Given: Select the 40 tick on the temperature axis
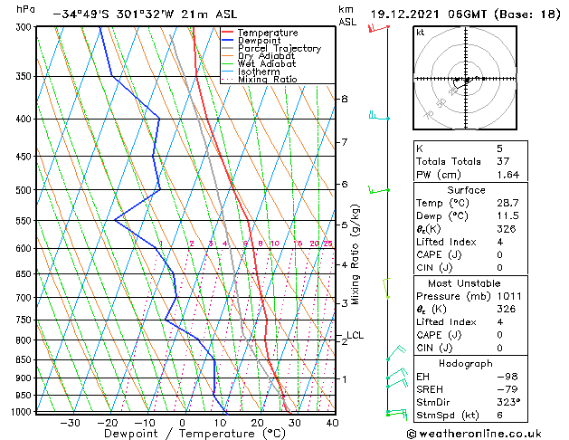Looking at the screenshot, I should coord(332,423).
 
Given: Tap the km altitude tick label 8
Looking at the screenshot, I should coord(345,98).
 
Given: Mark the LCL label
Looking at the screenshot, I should coord(355,336).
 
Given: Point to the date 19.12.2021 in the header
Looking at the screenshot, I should coord(405,14).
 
